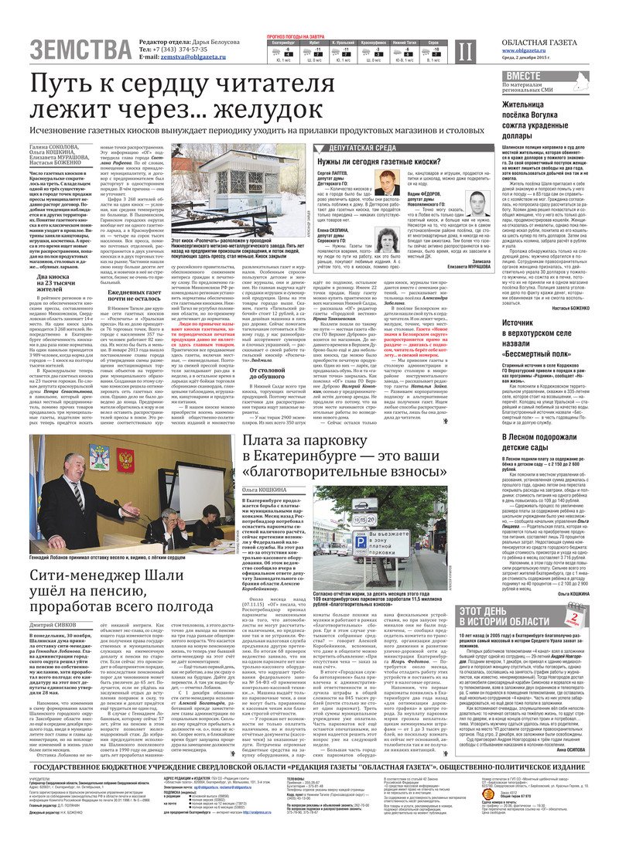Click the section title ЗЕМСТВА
pos(80,49)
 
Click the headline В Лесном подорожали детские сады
pos(542,441)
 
